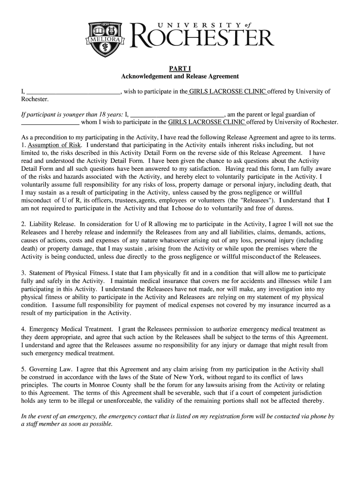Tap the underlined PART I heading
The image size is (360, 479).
tap(180, 67)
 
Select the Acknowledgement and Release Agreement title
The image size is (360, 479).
tap(180, 76)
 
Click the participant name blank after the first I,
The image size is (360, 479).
tap(73, 91)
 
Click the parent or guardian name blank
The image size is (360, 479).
tap(177, 114)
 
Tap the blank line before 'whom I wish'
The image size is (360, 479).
tap(50, 122)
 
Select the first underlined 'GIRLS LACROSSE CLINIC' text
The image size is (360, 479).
tap(228, 91)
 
